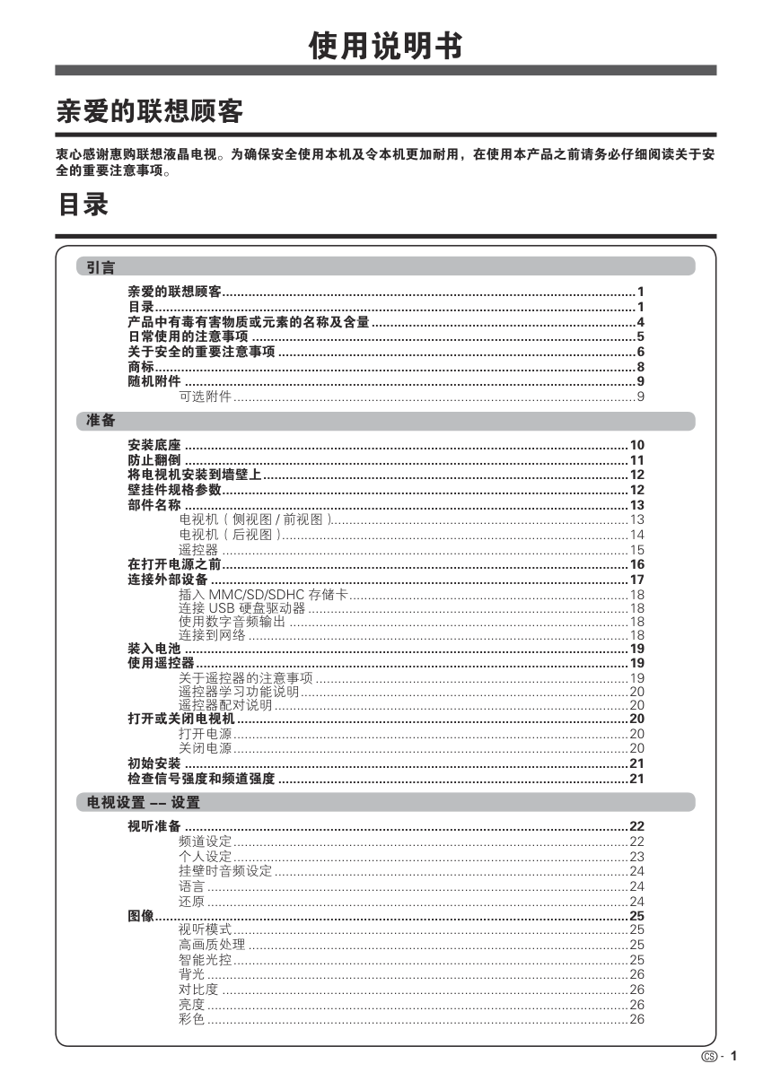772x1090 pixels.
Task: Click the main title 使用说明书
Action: coord(385,44)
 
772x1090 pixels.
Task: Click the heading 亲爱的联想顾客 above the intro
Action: coord(150,112)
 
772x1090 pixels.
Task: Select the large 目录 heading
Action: coord(83,205)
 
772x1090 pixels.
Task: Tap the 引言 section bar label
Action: coord(101,266)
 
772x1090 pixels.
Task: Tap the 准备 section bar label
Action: coord(101,420)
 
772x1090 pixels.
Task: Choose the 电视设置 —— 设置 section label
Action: coord(144,802)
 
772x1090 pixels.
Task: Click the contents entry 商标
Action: coord(141,367)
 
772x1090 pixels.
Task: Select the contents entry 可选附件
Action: coord(206,397)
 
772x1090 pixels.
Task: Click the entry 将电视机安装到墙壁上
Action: coord(195,475)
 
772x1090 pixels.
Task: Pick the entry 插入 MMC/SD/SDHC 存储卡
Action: coord(263,594)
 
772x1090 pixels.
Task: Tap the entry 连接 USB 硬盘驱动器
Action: coord(241,608)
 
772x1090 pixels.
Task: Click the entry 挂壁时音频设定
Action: coord(225,871)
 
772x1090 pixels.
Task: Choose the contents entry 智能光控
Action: coord(206,960)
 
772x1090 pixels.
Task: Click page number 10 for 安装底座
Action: coord(637,445)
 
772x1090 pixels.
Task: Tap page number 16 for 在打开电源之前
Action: coord(637,564)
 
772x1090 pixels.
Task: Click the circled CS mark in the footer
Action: coord(710,1056)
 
